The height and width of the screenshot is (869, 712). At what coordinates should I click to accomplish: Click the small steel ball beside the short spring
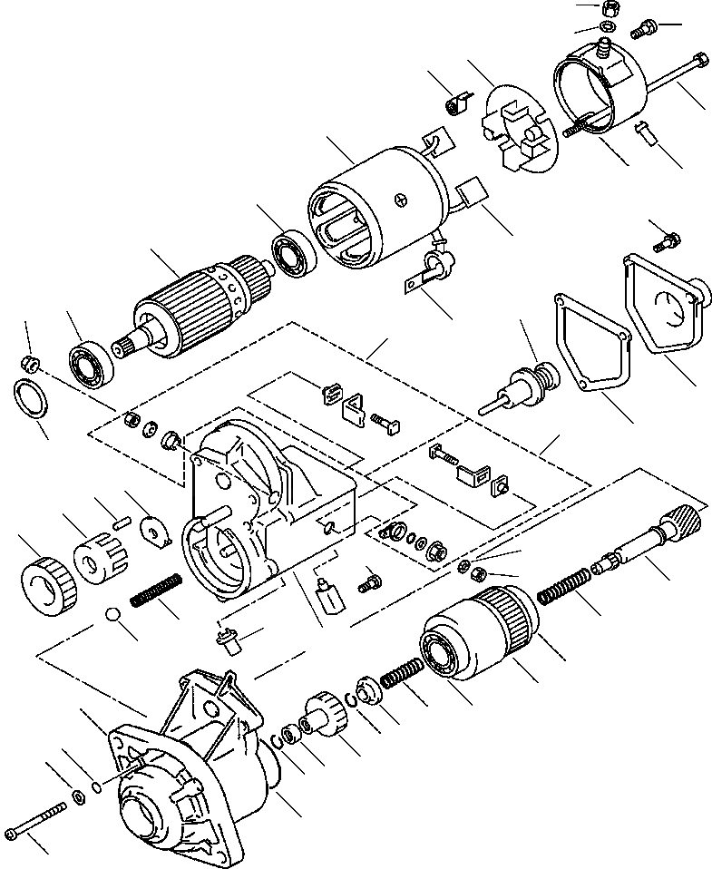click(113, 616)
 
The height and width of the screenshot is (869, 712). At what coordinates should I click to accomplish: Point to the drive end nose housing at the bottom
click(181, 780)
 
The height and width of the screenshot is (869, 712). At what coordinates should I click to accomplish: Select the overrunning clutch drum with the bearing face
click(476, 635)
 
